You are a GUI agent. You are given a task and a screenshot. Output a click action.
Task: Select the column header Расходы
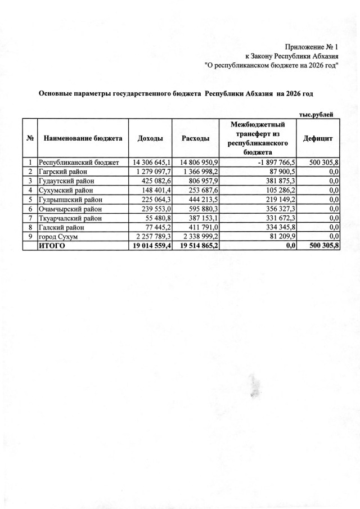click(196, 138)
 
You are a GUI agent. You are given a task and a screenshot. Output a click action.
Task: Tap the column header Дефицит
click(318, 138)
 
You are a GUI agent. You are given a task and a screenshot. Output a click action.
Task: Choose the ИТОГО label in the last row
click(52, 245)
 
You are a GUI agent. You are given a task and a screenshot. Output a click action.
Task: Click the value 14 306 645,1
click(150, 163)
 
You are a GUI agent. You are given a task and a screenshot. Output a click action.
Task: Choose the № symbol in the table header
click(29, 138)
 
